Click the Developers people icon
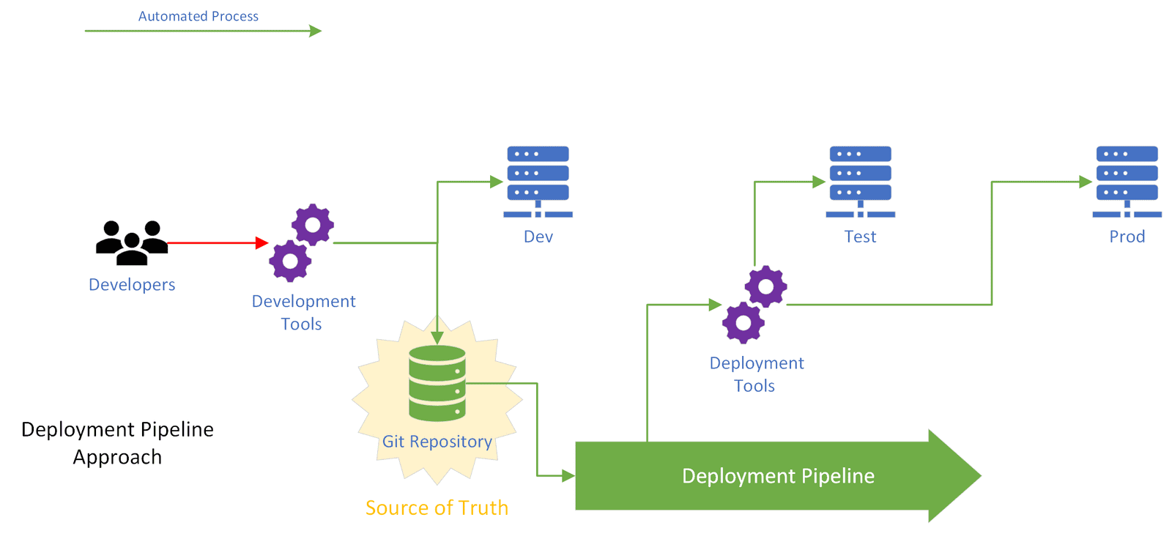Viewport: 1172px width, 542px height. click(132, 242)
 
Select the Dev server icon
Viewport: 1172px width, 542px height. click(538, 182)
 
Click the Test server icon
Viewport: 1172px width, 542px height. click(861, 182)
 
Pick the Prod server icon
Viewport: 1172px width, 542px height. click(1127, 182)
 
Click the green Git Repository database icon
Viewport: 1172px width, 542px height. click(437, 383)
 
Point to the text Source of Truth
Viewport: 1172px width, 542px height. click(437, 508)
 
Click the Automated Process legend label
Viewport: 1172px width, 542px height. click(199, 16)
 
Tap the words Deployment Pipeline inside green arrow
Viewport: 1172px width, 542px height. click(778, 476)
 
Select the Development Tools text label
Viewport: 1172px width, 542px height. click(303, 312)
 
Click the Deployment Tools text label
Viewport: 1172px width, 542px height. click(757, 374)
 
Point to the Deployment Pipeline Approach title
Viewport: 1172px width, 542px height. click(117, 442)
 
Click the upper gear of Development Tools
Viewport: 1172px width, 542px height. click(313, 225)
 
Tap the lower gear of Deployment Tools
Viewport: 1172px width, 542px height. click(743, 323)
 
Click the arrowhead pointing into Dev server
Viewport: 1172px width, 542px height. click(496, 182)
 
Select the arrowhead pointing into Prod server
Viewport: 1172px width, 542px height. click(1085, 182)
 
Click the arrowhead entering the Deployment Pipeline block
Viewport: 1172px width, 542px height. click(568, 476)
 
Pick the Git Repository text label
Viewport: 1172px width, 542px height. click(437, 442)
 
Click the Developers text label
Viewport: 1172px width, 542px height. click(132, 284)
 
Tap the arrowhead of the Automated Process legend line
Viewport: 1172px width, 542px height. click(315, 31)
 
